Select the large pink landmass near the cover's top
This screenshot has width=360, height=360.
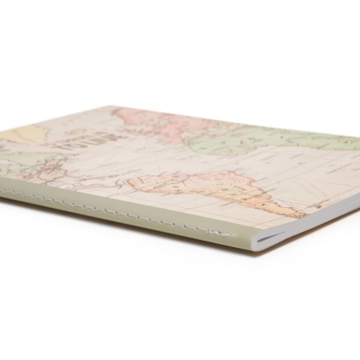(x=152, y=124)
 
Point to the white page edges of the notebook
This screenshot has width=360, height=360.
(x=304, y=224)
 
